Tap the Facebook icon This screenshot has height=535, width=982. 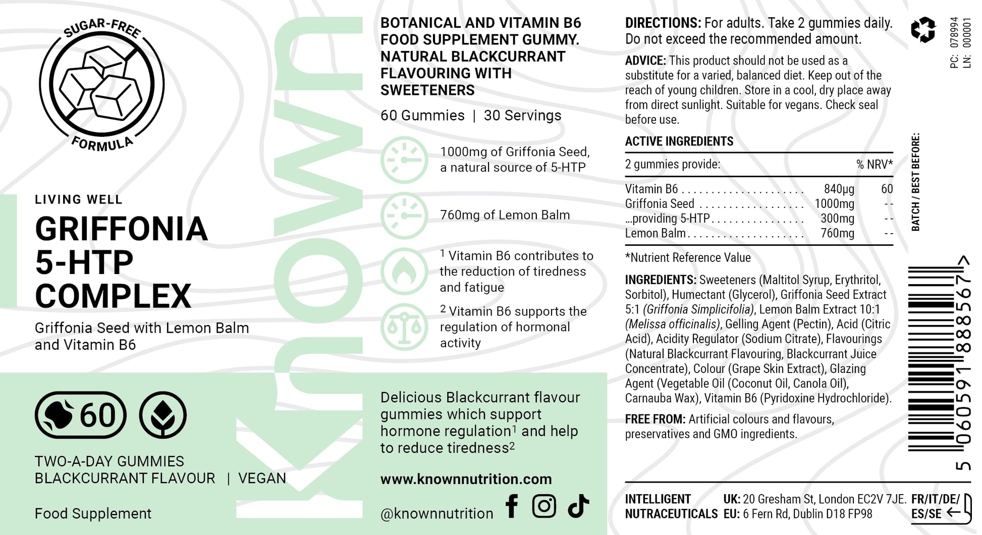tap(512, 506)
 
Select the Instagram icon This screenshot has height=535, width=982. tap(544, 506)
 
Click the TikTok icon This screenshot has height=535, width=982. tap(578, 506)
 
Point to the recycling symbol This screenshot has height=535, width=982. tap(923, 30)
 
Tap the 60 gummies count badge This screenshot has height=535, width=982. tap(81, 415)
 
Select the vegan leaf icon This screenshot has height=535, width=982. tap(163, 415)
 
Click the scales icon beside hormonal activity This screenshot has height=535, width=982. tap(404, 327)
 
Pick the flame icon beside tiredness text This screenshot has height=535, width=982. tap(404, 272)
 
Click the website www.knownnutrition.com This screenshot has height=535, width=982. tap(466, 479)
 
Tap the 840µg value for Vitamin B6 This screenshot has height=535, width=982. tap(839, 189)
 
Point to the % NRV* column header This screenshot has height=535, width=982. tap(874, 165)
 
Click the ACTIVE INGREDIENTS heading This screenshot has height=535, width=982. tap(679, 141)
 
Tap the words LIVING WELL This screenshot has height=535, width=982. tap(79, 199)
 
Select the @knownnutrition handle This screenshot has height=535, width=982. tap(437, 514)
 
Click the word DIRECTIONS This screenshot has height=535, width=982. tap(663, 23)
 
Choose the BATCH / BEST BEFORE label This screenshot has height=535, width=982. tap(915, 182)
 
